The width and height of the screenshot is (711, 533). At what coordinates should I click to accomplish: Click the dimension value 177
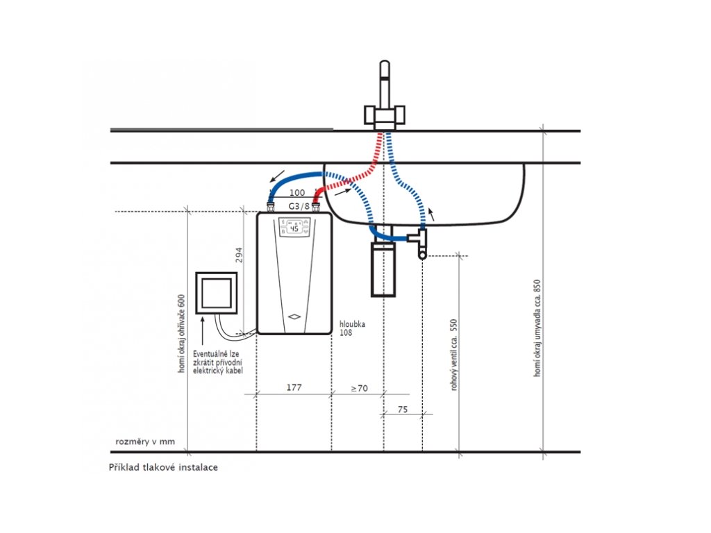pyautogui.click(x=294, y=387)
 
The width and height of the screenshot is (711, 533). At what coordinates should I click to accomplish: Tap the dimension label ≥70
pyautogui.click(x=358, y=387)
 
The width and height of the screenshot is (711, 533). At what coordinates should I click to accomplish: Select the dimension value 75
pyautogui.click(x=403, y=409)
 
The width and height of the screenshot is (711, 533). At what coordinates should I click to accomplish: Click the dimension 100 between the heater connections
pyautogui.click(x=296, y=192)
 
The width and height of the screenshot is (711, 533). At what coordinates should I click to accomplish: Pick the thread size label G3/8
pyautogui.click(x=298, y=206)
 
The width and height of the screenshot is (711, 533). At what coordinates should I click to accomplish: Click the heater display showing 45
pyautogui.click(x=294, y=228)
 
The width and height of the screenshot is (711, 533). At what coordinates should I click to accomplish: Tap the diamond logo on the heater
pyautogui.click(x=294, y=316)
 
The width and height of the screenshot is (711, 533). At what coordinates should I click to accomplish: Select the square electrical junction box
pyautogui.click(x=216, y=292)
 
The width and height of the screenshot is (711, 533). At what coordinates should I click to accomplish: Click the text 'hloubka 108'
pyautogui.click(x=352, y=328)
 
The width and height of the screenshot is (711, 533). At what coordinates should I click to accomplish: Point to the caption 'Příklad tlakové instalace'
pyautogui.click(x=163, y=467)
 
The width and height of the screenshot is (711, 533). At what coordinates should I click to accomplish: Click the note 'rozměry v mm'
pyautogui.click(x=145, y=441)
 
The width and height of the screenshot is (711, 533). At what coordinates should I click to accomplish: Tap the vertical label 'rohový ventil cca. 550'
pyautogui.click(x=455, y=354)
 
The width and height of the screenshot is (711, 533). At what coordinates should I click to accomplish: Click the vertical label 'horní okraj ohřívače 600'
pyautogui.click(x=181, y=333)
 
